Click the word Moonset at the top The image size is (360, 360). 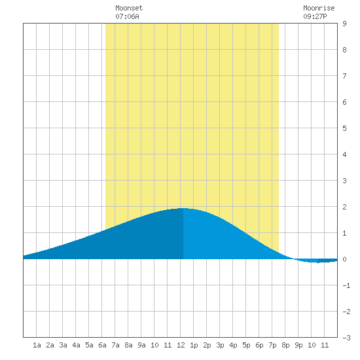point(129,8)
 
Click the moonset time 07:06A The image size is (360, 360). point(127,16)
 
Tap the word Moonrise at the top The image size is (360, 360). point(319,8)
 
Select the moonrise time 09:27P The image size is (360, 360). point(315,16)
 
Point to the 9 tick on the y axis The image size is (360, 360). point(344,24)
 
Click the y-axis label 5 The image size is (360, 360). point(344,128)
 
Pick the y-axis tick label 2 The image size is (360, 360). point(344,207)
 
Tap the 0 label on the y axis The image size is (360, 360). point(344,259)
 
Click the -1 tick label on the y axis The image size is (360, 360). point(346,285)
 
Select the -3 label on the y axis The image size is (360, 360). point(346,338)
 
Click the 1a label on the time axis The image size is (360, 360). point(37,345)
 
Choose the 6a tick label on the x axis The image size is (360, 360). point(102,345)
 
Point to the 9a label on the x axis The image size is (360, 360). point(141,345)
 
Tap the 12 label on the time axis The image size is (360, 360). point(181,345)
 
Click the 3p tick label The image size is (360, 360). point(220,345)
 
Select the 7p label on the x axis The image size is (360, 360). point(272,345)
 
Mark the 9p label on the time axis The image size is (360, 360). point(298,345)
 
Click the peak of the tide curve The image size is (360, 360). point(183,208)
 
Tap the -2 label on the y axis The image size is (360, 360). point(346,312)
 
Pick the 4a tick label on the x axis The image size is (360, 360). point(76,345)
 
